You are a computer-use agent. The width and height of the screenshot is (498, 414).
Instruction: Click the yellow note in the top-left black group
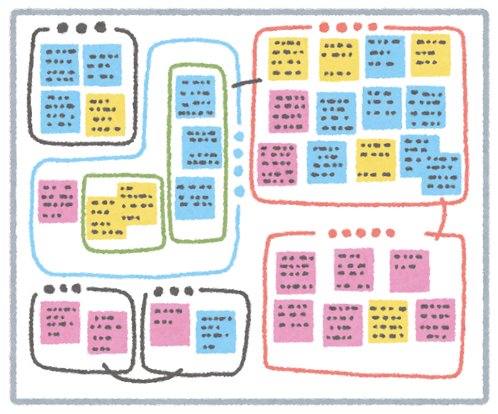[x=105, y=115]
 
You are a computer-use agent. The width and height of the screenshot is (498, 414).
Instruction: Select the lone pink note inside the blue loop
[x=57, y=201]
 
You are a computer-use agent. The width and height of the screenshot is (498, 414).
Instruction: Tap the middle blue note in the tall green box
[x=202, y=148]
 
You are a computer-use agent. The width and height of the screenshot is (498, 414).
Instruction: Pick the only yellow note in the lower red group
[x=388, y=321]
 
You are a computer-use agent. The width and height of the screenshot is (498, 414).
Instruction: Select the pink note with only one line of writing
[x=409, y=270]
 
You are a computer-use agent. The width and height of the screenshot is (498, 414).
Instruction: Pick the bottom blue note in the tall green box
[x=194, y=198]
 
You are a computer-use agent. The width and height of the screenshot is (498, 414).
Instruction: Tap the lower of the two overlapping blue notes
[x=441, y=175]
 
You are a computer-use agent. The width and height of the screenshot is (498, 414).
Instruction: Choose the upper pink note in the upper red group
[x=288, y=111]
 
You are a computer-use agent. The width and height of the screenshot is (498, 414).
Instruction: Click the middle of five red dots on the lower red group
[x=361, y=233]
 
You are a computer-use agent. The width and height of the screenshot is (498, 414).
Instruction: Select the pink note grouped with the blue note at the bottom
[x=169, y=324]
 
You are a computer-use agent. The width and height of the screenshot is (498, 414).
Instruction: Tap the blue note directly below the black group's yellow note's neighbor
[x=60, y=112]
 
